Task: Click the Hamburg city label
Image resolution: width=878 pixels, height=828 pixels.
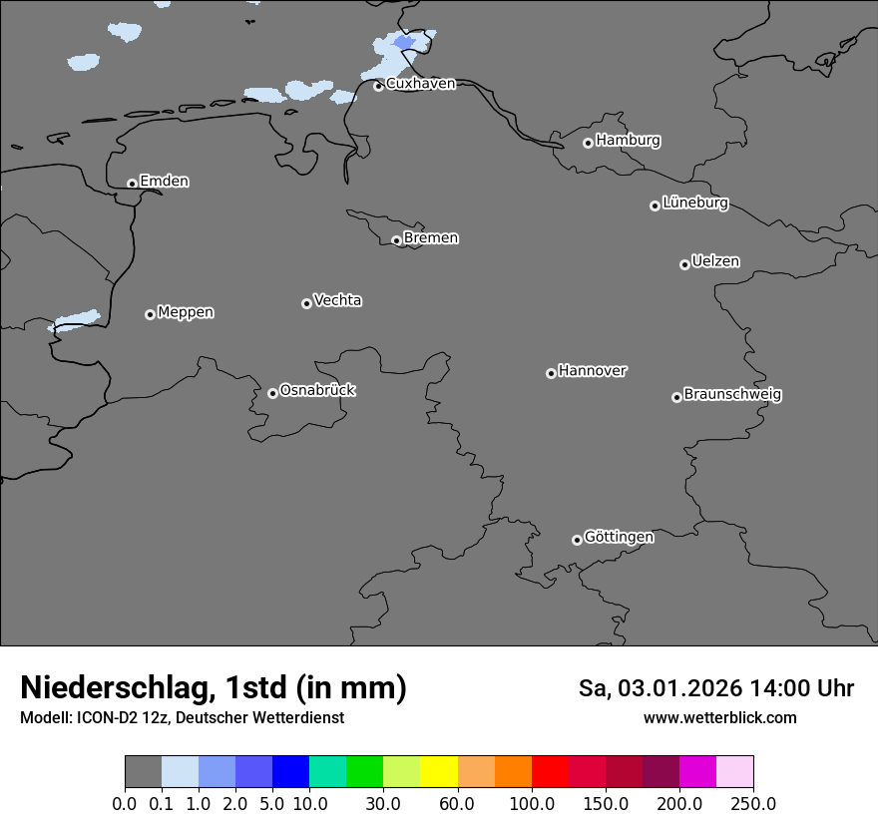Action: [x=628, y=141]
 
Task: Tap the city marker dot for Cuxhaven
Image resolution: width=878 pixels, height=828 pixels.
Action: [x=378, y=86]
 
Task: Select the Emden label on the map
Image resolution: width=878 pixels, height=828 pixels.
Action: [x=164, y=182]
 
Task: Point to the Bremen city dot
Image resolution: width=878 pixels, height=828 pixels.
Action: [x=396, y=240]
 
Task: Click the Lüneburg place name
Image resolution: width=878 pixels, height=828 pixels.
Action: [x=694, y=203]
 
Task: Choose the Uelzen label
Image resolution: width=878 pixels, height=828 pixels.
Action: [x=715, y=261]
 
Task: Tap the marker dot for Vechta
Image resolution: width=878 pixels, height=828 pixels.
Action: [x=306, y=303]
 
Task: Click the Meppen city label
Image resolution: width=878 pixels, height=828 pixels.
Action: [x=186, y=312]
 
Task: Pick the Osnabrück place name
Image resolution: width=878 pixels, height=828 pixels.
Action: [x=317, y=390]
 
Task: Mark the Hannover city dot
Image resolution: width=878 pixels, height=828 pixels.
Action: [x=551, y=373]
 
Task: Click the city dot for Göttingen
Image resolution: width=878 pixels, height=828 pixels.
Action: [x=577, y=540]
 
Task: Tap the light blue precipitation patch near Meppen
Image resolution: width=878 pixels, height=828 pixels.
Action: [x=77, y=320]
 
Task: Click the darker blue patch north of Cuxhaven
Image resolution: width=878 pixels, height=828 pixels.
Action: [x=404, y=42]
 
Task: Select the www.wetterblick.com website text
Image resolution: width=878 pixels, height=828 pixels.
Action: [x=719, y=718]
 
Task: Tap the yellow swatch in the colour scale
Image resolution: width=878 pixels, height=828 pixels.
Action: [x=439, y=772]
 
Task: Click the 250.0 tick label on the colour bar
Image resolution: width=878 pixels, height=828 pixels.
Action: [x=753, y=803]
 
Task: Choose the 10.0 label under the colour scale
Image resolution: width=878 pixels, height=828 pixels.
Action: [x=309, y=803]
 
